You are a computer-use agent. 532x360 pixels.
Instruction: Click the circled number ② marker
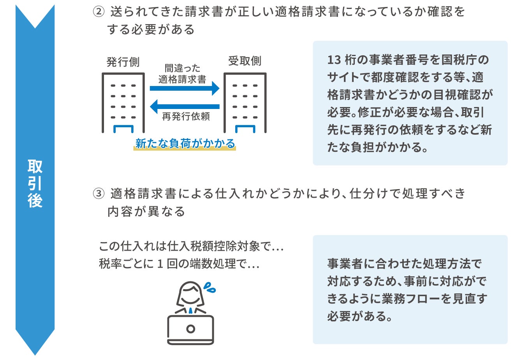pos(99,12)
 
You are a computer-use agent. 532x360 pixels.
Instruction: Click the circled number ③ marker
pos(99,193)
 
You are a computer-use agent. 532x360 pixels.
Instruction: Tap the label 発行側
pos(123,62)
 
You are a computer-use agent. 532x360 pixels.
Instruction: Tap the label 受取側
pos(245,61)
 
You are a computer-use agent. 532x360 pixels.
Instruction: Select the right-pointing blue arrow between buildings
pos(185,88)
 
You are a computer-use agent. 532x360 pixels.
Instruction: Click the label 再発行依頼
pos(186,116)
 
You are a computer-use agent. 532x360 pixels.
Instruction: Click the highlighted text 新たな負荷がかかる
pos(185,144)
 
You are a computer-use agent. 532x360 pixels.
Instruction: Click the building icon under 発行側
pos(123,103)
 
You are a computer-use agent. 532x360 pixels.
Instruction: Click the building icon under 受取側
pos(245,103)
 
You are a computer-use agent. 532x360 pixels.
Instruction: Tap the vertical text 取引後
pos(35,183)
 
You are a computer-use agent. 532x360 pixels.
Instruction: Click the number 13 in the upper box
pos(334,60)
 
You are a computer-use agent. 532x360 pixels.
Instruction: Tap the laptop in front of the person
pos(190,329)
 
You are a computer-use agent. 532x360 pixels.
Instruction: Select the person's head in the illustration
pos(190,294)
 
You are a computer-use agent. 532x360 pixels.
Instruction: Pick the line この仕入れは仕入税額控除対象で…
pos(191,246)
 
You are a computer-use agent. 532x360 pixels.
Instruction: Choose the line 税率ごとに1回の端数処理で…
pos(179,264)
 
